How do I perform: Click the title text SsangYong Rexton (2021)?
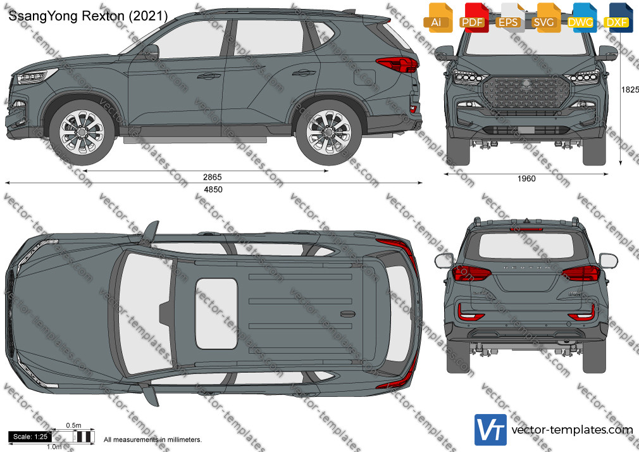click(88, 16)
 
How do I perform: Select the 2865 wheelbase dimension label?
click(213, 177)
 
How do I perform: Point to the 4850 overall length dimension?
click(213, 189)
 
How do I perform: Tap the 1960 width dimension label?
click(526, 179)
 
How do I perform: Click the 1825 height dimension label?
click(630, 90)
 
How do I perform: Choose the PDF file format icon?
click(473, 18)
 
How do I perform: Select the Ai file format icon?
click(438, 18)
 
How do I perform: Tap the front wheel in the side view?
click(82, 132)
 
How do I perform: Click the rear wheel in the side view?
click(328, 132)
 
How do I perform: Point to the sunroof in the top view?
click(216, 314)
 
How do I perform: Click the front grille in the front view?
click(526, 93)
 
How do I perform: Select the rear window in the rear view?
click(526, 246)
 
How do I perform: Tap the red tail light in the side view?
click(397, 65)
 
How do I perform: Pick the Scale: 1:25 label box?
click(30, 437)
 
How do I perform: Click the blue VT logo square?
click(491, 430)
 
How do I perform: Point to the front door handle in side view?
click(209, 75)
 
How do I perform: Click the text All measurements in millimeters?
click(153, 440)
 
